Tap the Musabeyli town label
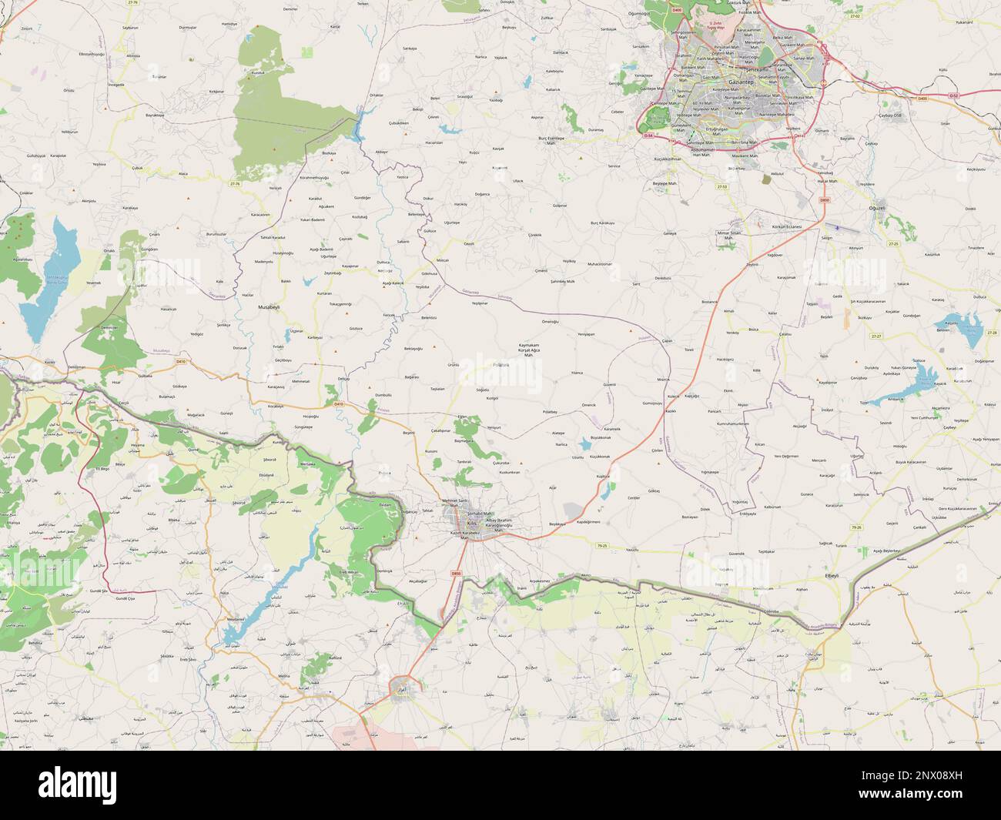[x=267, y=306]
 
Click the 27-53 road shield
[x=721, y=186]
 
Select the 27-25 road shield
[x=893, y=243]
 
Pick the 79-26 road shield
[x=878, y=527]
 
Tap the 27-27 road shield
[x=875, y=336]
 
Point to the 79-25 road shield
[x=602, y=546]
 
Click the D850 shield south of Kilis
[x=456, y=573]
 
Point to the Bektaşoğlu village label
[x=414, y=349]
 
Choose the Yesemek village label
[x=93, y=283]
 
